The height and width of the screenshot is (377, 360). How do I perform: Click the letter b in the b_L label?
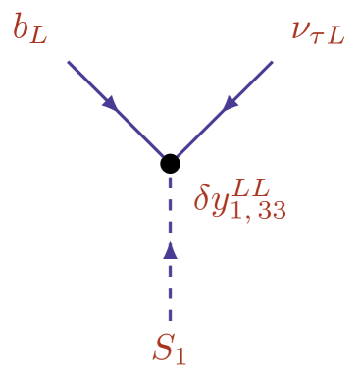pos(21,28)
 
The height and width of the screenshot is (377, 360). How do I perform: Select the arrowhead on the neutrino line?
pos(231,101)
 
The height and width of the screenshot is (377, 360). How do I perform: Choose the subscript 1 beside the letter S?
pos(182,355)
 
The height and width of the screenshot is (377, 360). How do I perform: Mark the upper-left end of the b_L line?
pos(69,62)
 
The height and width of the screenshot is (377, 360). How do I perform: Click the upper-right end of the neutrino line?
pos(272,62)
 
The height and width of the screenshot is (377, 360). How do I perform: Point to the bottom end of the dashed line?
pos(171,321)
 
